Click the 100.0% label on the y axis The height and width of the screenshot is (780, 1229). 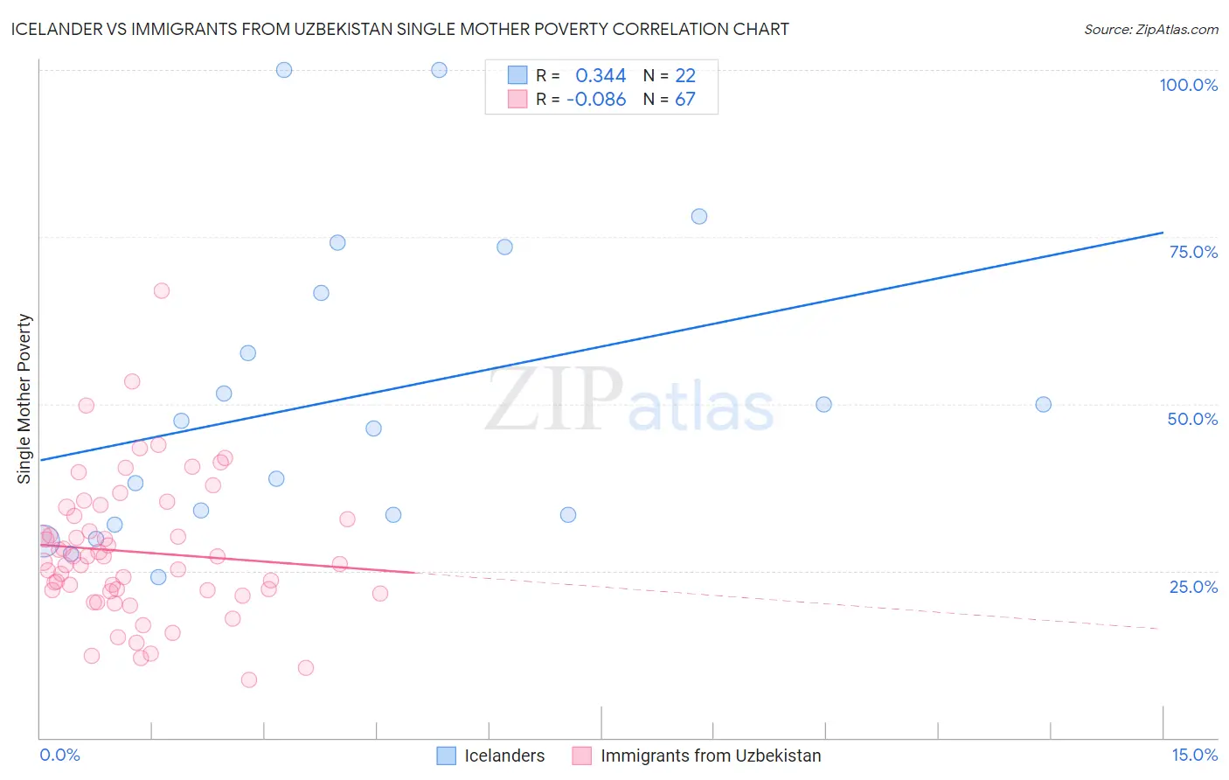click(1188, 85)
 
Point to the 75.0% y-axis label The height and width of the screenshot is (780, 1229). click(1193, 252)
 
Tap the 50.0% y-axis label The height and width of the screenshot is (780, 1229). click(1192, 419)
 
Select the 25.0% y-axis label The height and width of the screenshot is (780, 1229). click(1193, 587)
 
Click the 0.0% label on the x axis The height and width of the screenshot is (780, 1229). click(59, 755)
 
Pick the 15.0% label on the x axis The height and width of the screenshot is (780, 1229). click(1194, 755)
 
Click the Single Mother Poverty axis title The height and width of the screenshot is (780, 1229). click(24, 399)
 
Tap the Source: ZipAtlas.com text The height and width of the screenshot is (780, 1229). click(1150, 30)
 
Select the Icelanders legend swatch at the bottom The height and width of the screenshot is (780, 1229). click(446, 756)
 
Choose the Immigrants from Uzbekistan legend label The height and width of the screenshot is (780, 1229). click(711, 756)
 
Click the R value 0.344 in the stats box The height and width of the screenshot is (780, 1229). click(601, 76)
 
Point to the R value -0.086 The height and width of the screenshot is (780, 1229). click(596, 100)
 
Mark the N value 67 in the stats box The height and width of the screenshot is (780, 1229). click(685, 100)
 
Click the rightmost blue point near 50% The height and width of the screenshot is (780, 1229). click(1043, 404)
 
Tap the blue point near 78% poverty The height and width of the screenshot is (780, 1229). click(699, 216)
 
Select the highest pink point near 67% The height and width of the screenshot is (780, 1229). click(162, 290)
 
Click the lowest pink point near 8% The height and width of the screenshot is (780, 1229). click(249, 679)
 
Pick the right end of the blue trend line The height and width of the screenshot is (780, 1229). click(1163, 233)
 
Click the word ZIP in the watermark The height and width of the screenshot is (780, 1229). click(554, 400)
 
